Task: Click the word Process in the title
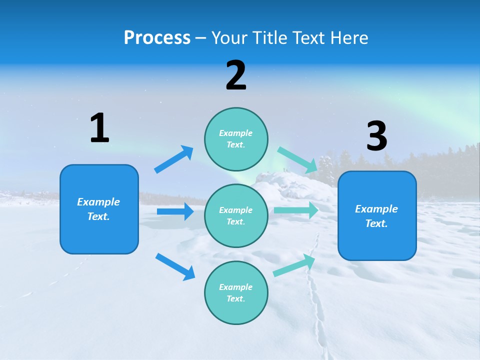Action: (157, 38)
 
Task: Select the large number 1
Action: (99, 128)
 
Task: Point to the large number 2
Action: (236, 75)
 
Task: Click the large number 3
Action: (376, 136)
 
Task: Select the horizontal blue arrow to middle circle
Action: (175, 211)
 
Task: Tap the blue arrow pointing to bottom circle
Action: (175, 266)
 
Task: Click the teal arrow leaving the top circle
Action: (297, 159)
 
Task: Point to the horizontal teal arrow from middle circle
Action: (296, 210)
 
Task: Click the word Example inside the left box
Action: (98, 202)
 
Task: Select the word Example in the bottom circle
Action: (236, 287)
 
